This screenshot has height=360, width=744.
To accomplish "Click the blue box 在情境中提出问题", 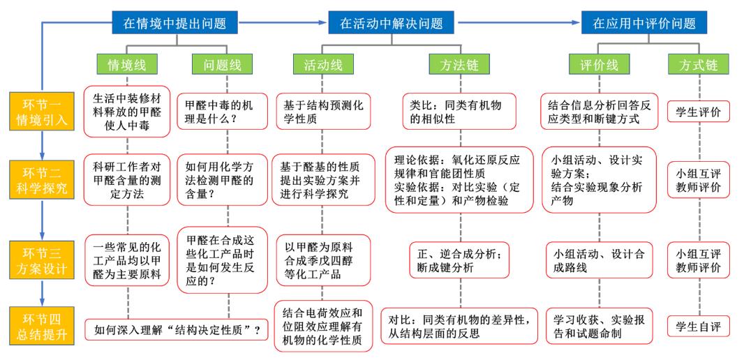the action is (x=174, y=23).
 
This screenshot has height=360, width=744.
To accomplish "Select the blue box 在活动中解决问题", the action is (x=392, y=23).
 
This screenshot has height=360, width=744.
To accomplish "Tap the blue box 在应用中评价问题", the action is (x=644, y=23).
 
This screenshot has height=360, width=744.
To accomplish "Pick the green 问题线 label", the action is (x=222, y=64).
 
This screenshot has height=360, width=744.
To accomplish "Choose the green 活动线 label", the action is (x=322, y=64).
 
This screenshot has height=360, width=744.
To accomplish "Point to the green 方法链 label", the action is (x=459, y=64).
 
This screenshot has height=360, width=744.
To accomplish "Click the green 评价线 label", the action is (x=600, y=64).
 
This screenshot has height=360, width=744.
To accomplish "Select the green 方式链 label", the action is (x=699, y=64).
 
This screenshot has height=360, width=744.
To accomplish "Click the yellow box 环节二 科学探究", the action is (x=43, y=179).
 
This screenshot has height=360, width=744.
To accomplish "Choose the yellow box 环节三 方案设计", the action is (x=43, y=260).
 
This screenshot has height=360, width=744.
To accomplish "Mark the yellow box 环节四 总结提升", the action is (x=43, y=325).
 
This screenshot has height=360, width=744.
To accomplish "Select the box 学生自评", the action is (x=699, y=326).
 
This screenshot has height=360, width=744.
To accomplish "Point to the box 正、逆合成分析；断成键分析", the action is (x=459, y=260).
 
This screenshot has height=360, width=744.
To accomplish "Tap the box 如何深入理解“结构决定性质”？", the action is (x=177, y=329).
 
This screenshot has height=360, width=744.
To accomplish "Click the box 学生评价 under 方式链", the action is (x=699, y=112).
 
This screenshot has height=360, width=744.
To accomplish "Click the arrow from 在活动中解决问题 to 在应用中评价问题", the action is (x=518, y=22).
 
